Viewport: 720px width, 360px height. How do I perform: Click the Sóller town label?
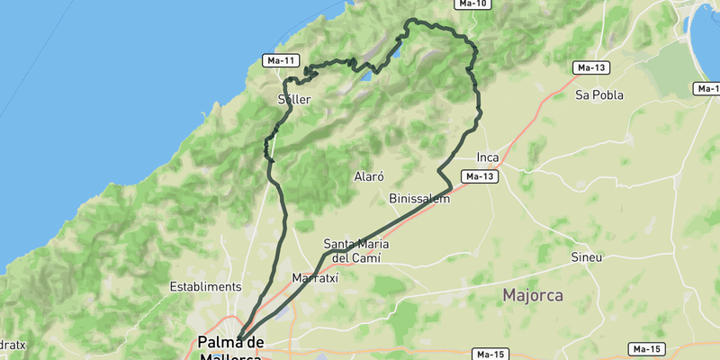click(x=295, y=100)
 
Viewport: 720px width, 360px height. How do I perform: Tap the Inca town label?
click(x=487, y=157)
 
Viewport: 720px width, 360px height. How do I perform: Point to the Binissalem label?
click(x=419, y=198)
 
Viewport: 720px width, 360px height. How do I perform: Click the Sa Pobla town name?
click(x=600, y=94)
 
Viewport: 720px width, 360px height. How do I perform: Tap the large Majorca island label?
click(x=533, y=295)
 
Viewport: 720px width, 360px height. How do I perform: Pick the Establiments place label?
click(x=205, y=286)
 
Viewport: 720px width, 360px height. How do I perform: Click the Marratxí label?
click(x=314, y=278)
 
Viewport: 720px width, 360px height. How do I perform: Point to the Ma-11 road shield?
click(x=281, y=60)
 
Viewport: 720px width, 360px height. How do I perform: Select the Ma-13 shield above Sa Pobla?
click(x=591, y=67)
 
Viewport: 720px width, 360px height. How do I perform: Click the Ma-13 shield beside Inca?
click(x=480, y=176)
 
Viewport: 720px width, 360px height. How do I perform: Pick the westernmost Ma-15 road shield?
click(x=491, y=354)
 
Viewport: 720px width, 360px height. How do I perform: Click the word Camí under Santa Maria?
click(x=367, y=258)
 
